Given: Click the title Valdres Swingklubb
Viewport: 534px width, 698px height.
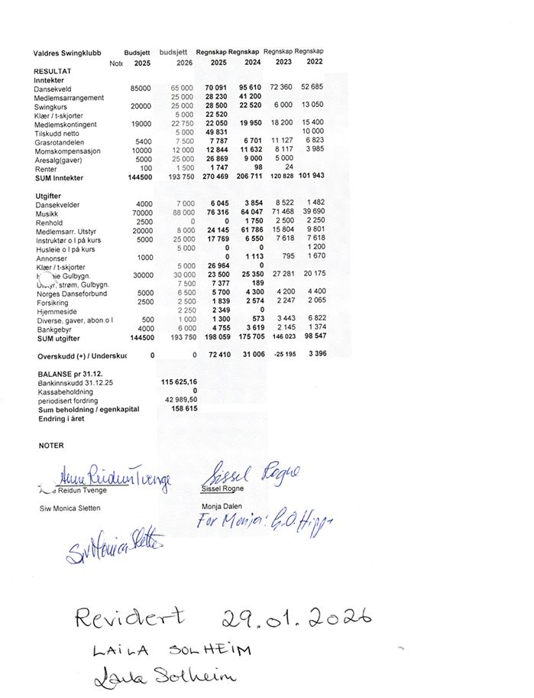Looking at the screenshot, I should pos(66,54).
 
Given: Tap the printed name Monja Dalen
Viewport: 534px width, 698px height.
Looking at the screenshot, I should pos(222,506).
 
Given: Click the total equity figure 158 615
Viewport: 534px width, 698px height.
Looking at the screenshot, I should pos(184,409).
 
